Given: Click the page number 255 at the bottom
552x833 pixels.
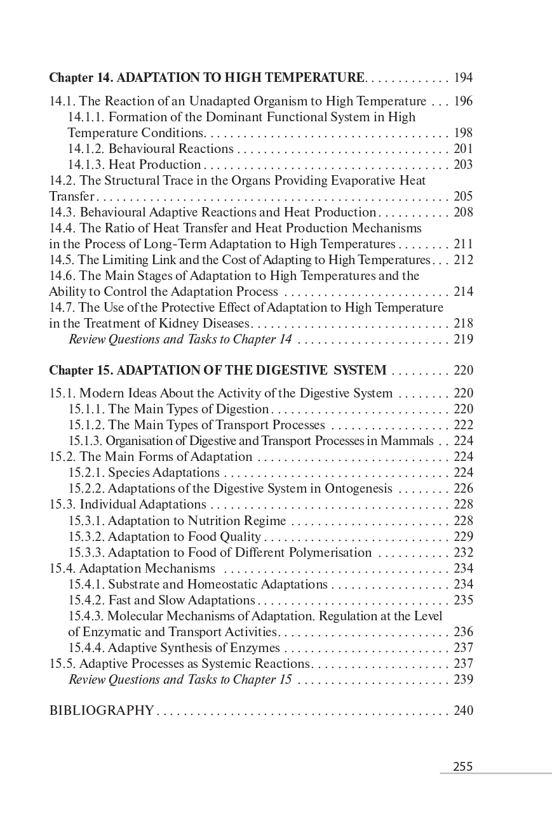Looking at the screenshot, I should (462, 766).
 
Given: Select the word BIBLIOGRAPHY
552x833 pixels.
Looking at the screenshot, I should (101, 710).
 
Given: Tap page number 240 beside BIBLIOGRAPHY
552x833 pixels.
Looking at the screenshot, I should (463, 710).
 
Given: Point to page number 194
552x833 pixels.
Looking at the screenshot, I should (463, 78).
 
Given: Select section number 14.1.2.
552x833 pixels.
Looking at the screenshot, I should (86, 149).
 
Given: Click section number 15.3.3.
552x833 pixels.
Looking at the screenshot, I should (86, 552).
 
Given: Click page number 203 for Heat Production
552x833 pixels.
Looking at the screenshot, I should (463, 164).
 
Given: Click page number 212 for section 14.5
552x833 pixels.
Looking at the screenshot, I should (463, 260).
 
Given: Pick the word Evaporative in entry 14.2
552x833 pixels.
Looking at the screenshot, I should (345, 180).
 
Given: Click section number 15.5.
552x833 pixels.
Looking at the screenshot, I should (62, 663).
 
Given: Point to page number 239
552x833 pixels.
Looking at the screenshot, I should (463, 679).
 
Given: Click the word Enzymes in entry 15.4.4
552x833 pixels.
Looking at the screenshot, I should (257, 648).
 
